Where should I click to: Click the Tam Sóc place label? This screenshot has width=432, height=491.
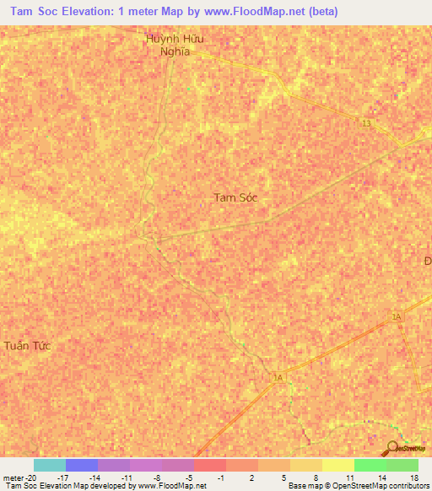click(235, 197)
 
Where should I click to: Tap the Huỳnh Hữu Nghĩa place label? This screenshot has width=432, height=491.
click(175, 45)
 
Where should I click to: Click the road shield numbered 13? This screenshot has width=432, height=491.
click(365, 124)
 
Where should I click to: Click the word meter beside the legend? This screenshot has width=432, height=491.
click(13, 478)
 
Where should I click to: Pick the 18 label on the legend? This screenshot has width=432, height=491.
click(413, 478)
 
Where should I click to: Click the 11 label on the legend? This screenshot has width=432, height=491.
click(348, 478)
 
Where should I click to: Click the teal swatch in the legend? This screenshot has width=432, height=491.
click(49, 465)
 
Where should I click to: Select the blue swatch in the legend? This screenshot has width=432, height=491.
click(81, 465)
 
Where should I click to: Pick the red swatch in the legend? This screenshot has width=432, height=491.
click(209, 465)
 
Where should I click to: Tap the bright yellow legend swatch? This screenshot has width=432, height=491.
click(337, 465)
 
